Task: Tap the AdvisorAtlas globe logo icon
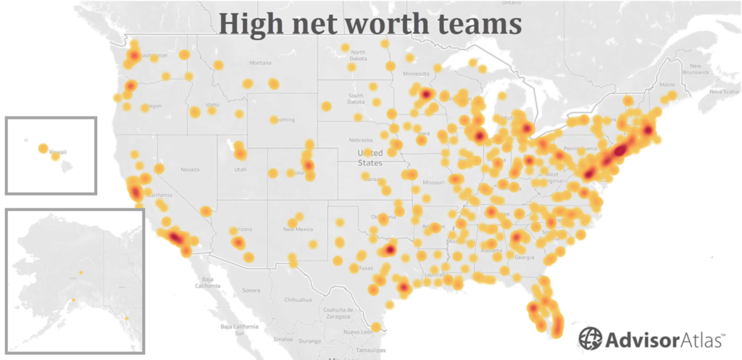point(590,338)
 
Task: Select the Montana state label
point(260,63)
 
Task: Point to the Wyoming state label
point(281,119)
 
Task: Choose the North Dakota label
point(358,55)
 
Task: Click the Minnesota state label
point(416,73)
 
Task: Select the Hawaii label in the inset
point(58,152)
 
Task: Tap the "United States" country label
point(370,158)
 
